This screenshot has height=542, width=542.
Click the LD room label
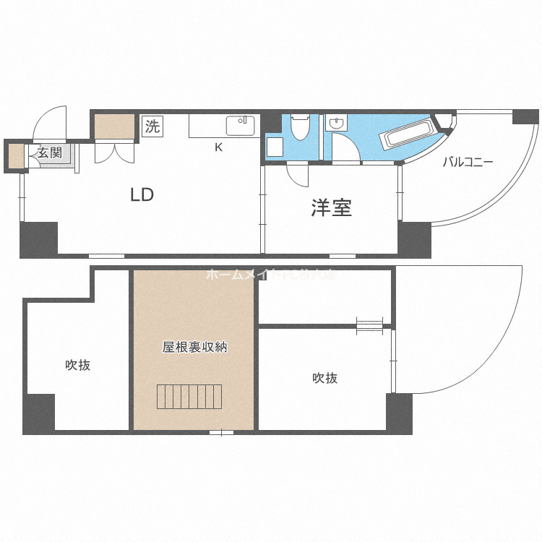(142, 194)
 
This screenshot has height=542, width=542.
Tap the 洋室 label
(331, 208)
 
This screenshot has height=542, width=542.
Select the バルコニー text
(468, 163)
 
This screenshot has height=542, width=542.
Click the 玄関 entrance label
(50, 152)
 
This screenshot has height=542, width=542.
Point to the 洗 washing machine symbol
(152, 126)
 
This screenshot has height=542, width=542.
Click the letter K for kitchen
(218, 147)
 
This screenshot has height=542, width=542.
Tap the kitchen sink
(240, 126)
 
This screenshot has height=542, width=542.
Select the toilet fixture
(299, 128)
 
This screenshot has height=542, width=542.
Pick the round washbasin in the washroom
(337, 124)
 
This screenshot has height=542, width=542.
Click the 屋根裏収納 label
(194, 347)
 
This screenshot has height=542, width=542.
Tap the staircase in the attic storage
(190, 397)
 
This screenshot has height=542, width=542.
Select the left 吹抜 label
(78, 365)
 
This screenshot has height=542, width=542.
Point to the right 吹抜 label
(324, 377)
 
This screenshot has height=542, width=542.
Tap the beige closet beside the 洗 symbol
(114, 126)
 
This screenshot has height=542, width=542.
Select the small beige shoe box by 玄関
(15, 156)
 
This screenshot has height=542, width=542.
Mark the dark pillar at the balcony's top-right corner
(525, 116)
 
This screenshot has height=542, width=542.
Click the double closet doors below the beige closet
(113, 151)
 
